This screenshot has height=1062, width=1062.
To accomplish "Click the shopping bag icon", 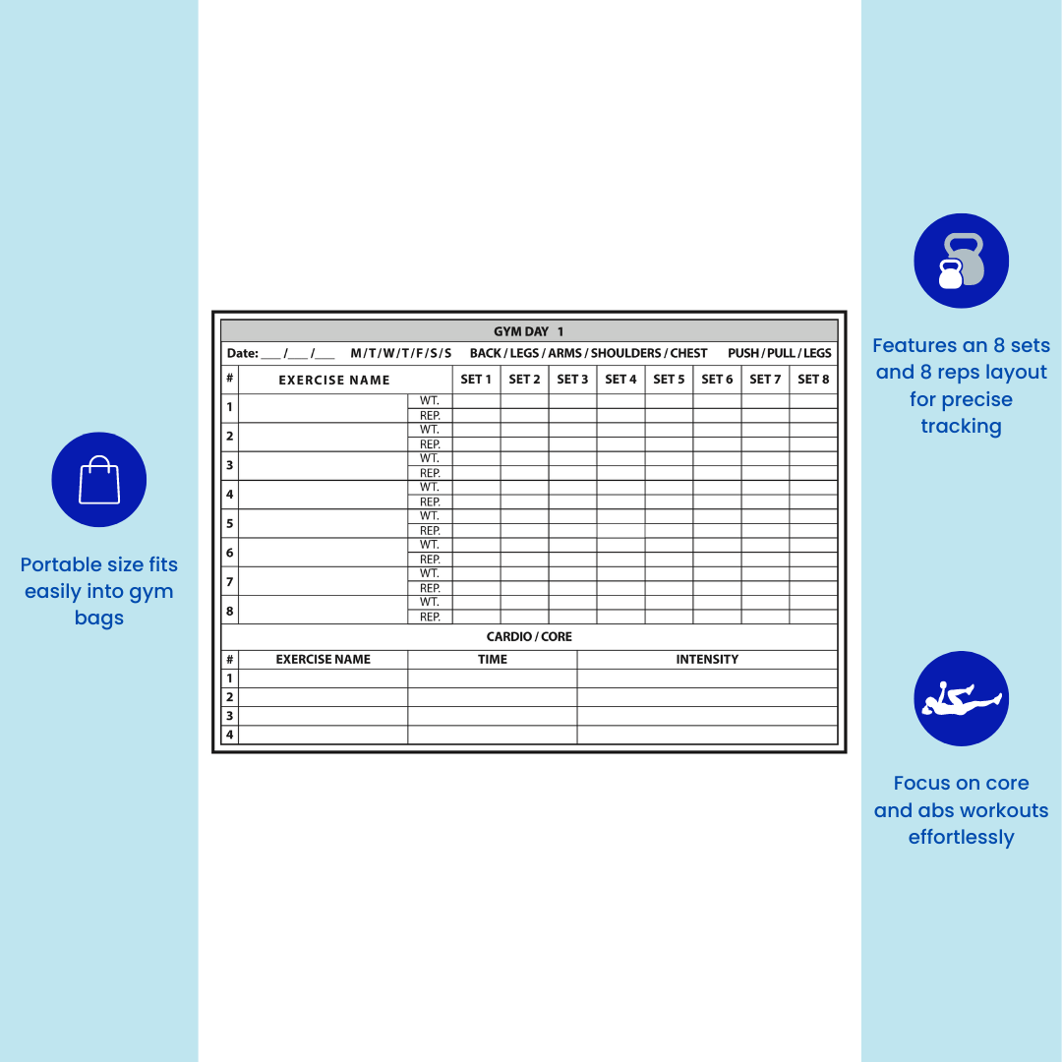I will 99,480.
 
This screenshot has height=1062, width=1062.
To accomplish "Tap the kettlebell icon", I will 961,262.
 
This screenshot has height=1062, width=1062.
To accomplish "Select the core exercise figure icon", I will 961,698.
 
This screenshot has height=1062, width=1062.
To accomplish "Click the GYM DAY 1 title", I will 528,331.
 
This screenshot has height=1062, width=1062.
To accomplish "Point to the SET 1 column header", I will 476,380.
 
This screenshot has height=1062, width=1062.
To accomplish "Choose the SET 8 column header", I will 813,380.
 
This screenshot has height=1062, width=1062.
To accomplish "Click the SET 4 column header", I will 620,380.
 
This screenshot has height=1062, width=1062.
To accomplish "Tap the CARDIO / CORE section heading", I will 529,637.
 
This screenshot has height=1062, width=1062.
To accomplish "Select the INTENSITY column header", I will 707,660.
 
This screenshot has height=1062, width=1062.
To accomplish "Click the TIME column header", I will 493,660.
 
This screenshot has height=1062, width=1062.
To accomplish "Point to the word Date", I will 242,353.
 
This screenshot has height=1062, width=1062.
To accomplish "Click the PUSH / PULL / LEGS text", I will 780,353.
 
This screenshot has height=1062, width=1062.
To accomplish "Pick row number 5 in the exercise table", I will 229,523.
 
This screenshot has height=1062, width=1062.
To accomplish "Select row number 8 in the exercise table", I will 229,610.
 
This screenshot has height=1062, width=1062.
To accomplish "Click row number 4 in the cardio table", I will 230,735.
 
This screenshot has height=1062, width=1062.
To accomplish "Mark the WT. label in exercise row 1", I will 430,401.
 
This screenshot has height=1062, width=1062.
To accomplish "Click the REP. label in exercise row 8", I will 430,617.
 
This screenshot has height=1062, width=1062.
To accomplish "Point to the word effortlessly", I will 961,838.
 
